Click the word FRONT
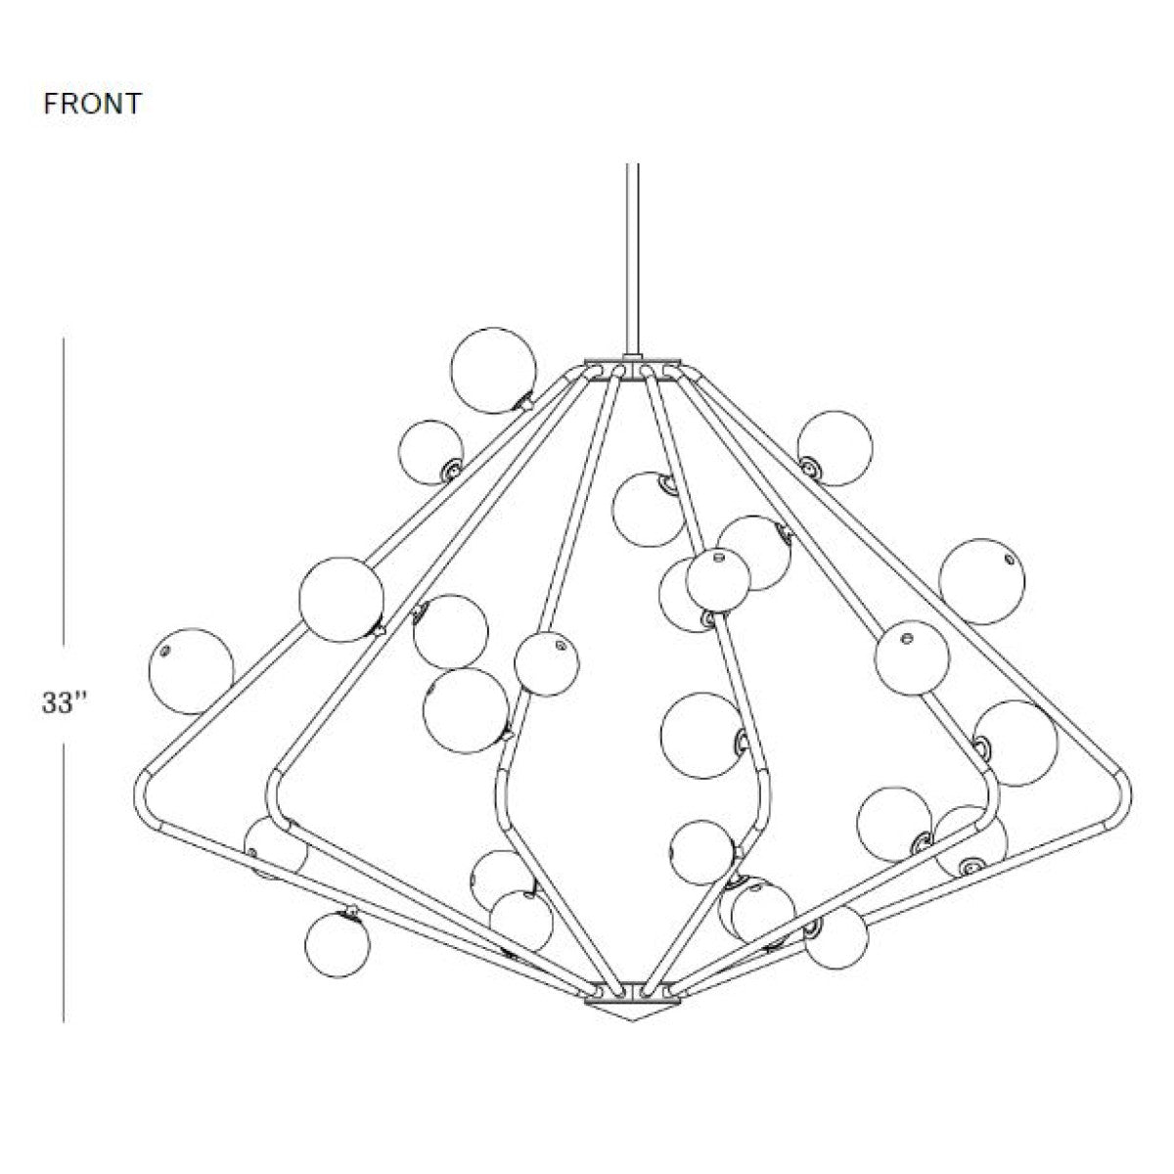[93, 104]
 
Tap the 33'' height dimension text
[66, 702]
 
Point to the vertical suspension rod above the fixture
[632, 260]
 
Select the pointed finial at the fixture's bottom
[632, 1015]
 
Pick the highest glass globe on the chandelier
[493, 371]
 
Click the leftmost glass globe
[192, 671]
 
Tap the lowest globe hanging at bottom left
[338, 945]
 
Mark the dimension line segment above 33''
[64, 490]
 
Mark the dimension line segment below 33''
[64, 884]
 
